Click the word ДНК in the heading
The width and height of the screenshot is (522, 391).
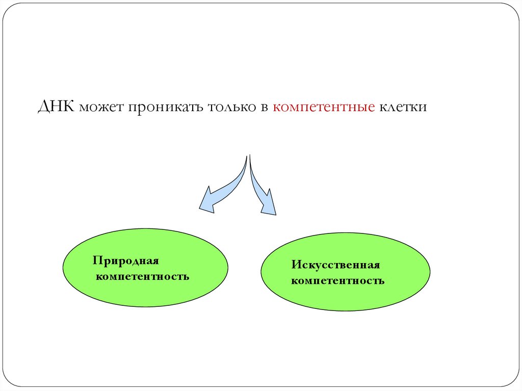point(57,108)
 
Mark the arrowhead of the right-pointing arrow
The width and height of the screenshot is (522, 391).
point(269,204)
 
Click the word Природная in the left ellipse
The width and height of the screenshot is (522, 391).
point(126,261)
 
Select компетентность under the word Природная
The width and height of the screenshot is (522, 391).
point(142,277)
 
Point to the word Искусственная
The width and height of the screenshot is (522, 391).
point(336,265)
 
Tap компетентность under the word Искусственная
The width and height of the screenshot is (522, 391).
point(337,281)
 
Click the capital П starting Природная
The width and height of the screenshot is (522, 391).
point(96,260)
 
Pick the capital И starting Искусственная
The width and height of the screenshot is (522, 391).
point(295,265)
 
